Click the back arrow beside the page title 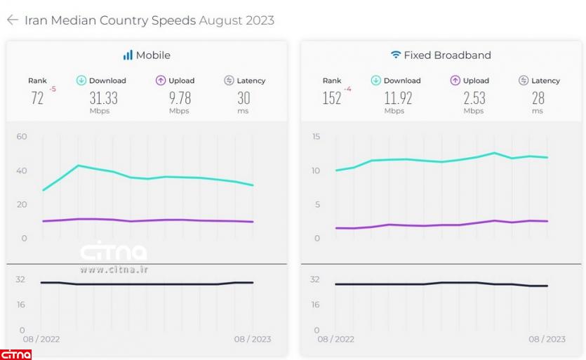click(12, 20)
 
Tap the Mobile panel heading click(153, 55)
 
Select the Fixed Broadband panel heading click(447, 55)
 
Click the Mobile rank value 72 click(37, 98)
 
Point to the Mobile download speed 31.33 click(103, 98)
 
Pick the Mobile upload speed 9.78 click(180, 98)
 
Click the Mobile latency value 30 click(244, 98)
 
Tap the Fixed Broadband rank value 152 click(332, 98)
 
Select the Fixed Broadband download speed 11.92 click(398, 98)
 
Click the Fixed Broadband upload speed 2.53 click(474, 98)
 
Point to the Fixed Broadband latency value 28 click(538, 98)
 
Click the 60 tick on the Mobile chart click(22, 136)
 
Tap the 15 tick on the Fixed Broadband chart click(315, 136)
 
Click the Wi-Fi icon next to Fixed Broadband click(396, 55)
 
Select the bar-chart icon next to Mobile click(128, 55)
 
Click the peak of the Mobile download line click(78, 166)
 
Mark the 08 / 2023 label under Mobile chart click(252, 340)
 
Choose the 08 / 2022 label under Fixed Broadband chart click(335, 340)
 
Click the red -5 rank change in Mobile click(53, 89)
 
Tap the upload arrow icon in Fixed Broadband click(455, 81)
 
